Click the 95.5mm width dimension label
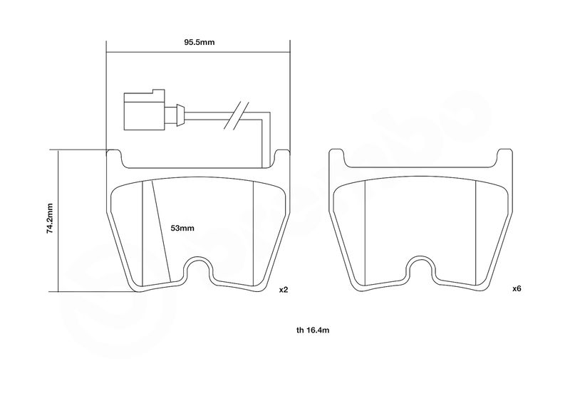click(x=199, y=42)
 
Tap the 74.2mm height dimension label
click(x=50, y=218)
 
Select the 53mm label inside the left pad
click(x=182, y=229)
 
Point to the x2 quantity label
click(x=283, y=290)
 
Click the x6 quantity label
click(x=517, y=289)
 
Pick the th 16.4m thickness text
click(x=313, y=330)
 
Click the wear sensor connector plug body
click(x=145, y=110)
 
